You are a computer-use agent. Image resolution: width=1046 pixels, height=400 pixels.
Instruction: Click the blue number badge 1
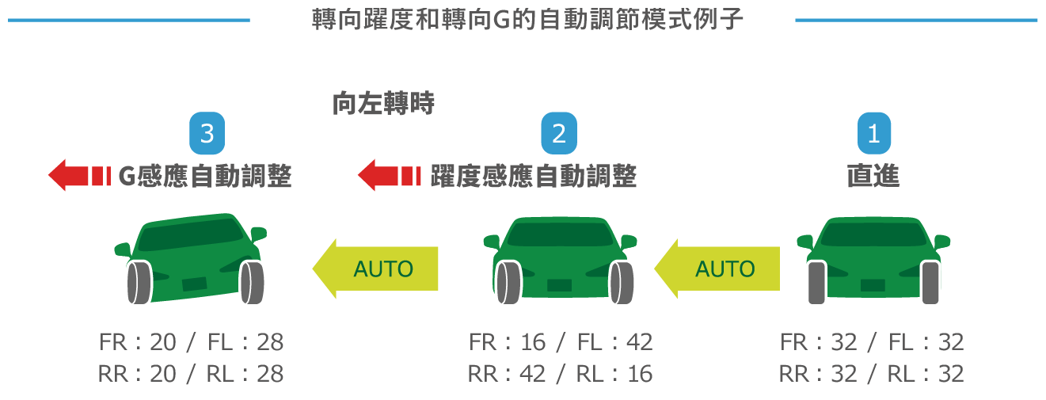(873, 134)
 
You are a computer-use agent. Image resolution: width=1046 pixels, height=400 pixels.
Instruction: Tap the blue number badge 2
(559, 134)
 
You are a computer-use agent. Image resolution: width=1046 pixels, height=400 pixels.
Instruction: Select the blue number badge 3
(207, 134)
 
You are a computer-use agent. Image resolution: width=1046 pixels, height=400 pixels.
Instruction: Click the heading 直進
(873, 175)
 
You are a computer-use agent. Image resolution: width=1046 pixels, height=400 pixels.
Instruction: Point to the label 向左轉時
(383, 103)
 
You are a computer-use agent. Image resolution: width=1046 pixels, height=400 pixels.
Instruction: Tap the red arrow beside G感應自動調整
(78, 175)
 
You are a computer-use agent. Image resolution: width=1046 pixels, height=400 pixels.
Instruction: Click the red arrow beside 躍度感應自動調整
(388, 175)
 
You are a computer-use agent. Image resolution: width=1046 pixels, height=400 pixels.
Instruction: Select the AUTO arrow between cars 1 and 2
(717, 269)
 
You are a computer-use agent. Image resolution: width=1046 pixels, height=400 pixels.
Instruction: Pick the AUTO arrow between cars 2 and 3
(375, 269)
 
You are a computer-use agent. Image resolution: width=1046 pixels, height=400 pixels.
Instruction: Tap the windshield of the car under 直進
(873, 234)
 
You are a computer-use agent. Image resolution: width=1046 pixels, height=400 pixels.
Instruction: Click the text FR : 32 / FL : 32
(872, 342)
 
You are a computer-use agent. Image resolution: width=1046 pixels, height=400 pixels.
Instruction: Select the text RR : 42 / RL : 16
(560, 373)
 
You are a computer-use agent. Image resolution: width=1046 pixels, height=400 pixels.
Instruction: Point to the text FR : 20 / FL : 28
(191, 342)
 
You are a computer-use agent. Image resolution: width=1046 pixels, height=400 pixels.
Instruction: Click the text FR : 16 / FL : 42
(560, 342)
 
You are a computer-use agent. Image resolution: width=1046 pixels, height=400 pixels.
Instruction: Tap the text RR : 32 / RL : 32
(872, 373)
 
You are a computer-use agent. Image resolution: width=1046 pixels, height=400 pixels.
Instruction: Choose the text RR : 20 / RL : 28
(191, 373)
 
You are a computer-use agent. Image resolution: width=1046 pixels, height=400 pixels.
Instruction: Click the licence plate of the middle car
(559, 285)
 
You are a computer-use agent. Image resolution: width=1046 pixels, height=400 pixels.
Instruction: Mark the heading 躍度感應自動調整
(533, 175)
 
